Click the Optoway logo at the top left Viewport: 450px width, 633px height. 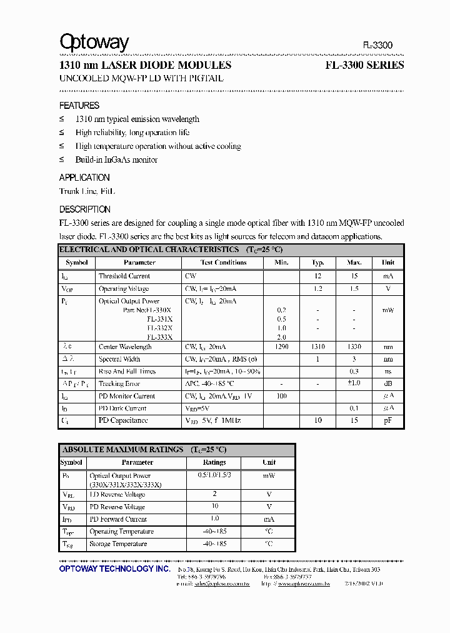click(94, 43)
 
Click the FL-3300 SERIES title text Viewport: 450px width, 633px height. click(364, 65)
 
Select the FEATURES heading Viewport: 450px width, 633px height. click(79, 106)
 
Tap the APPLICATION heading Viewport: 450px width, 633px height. click(84, 178)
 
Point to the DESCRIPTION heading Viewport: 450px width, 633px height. click(85, 210)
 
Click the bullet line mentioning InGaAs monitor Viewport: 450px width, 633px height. click(116, 160)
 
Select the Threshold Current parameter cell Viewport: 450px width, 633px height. click(124, 276)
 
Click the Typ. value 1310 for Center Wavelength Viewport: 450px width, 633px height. click(318, 347)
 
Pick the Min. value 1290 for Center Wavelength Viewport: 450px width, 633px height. click(281, 347)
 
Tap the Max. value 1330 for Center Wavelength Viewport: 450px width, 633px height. click(354, 347)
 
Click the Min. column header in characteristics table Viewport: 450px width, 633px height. click(281, 263)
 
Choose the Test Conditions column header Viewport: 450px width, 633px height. click(223, 263)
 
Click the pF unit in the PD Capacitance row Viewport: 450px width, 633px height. click(387, 420)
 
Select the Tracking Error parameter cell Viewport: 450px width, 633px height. click(119, 383)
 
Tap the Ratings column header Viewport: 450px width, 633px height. click(214, 462)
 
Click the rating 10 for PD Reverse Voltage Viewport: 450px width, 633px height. click(214, 507)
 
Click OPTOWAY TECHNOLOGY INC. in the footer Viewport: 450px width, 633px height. click(114, 569)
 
